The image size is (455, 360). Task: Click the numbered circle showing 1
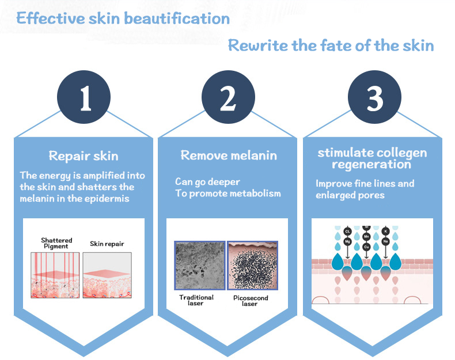[x=84, y=97]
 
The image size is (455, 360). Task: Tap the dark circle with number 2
[x=229, y=97]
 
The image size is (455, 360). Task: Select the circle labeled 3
[x=374, y=97]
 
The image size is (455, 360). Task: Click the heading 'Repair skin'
[x=84, y=156]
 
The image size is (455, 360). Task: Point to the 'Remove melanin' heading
[x=229, y=156]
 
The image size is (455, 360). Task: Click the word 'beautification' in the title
[x=177, y=18]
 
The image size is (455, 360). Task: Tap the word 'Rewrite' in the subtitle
[x=257, y=46]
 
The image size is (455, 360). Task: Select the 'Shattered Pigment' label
[x=56, y=243]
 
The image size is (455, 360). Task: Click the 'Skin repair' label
[x=107, y=244]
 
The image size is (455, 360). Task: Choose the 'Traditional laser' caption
[x=196, y=300]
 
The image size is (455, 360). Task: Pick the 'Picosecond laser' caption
[x=251, y=301]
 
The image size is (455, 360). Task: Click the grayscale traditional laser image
[x=200, y=266]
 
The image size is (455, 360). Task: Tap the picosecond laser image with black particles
[x=252, y=266]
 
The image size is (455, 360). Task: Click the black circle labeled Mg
[x=347, y=241]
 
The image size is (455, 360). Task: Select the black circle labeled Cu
[x=366, y=247]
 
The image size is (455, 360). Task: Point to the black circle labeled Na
[x=385, y=241]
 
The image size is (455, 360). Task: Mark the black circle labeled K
[x=385, y=231]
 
